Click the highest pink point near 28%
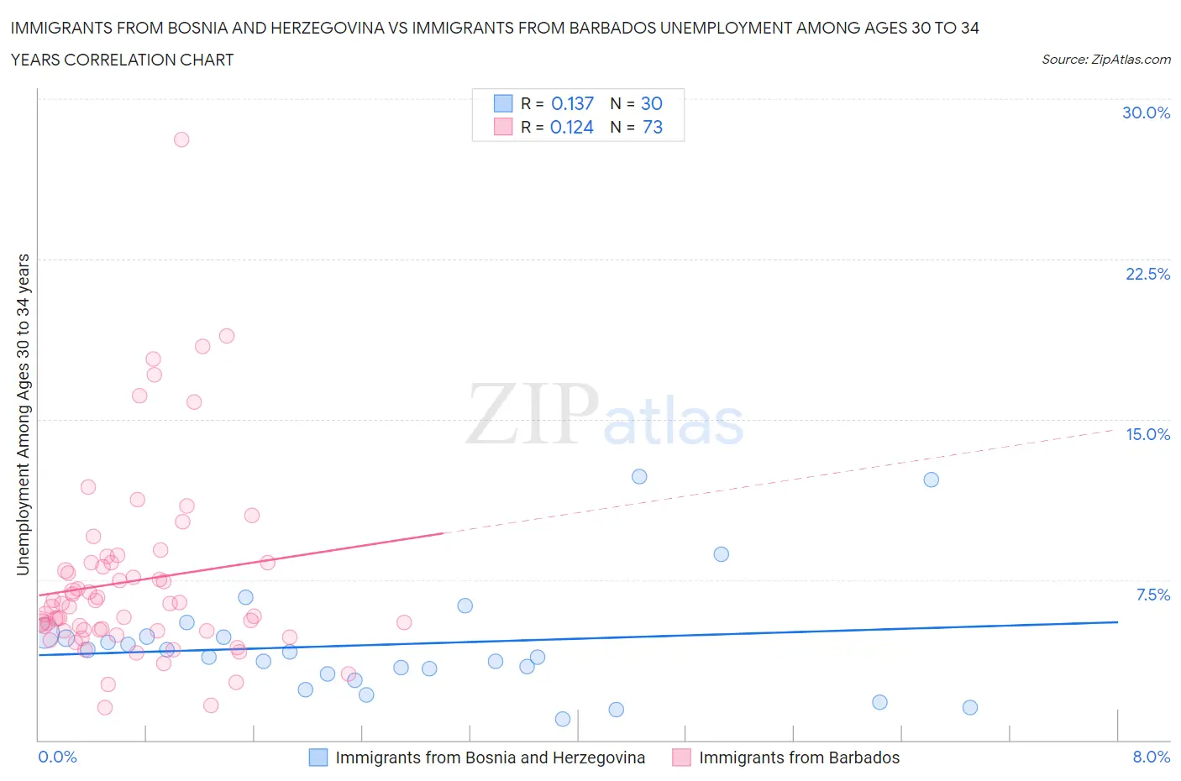coord(181,139)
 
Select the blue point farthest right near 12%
coord(931,480)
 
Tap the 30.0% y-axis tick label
coord(1146,113)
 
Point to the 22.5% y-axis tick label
coord(1147,274)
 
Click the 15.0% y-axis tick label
coord(1147,434)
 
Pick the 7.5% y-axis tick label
coord(1152,595)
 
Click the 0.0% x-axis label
coord(57,757)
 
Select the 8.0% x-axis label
coord(1151,757)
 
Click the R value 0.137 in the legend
coord(572,103)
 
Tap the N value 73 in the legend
coord(652,127)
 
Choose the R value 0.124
coord(571,127)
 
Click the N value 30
coord(651,103)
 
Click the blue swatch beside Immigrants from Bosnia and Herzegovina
coord(318,757)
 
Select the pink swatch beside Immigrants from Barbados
coord(681,757)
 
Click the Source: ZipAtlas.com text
coord(1105,59)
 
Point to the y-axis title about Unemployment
coord(23,414)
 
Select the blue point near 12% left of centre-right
coord(639,476)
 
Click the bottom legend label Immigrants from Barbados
coord(799,757)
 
